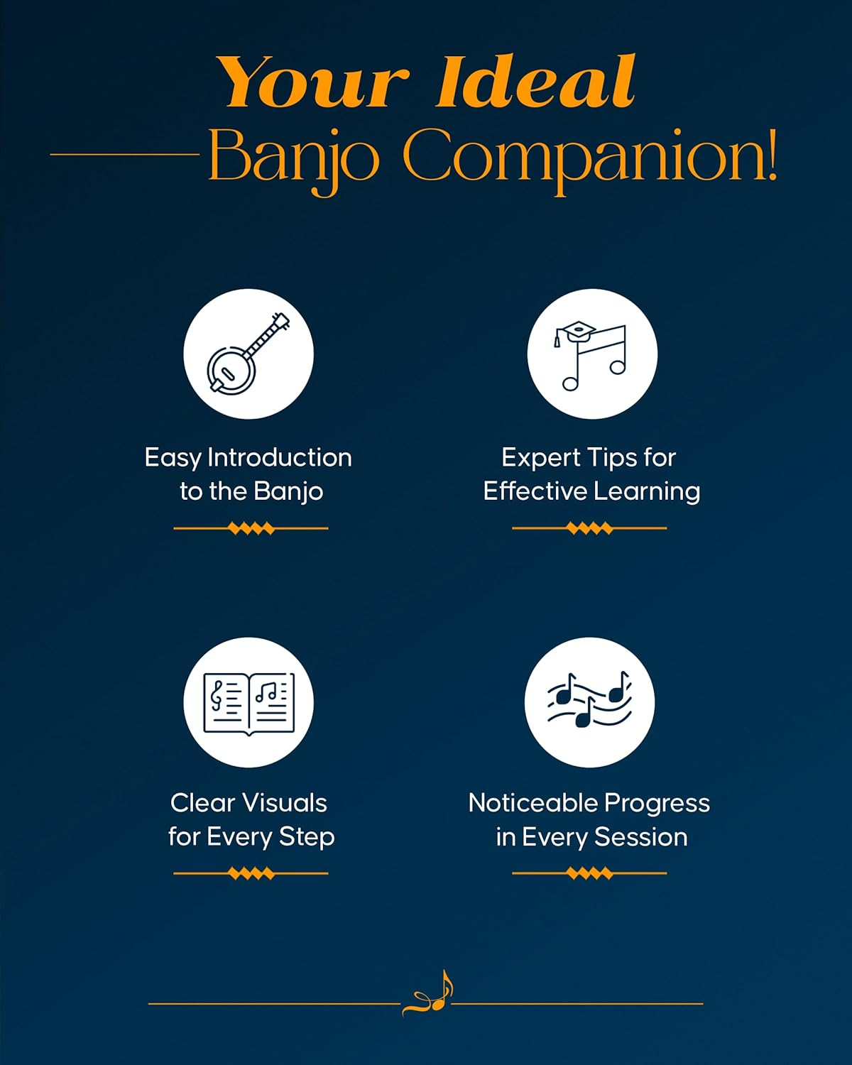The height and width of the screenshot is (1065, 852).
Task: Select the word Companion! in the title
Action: pos(589,156)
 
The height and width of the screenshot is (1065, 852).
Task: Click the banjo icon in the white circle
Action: pos(248,354)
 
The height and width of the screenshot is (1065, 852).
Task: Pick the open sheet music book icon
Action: pos(248,702)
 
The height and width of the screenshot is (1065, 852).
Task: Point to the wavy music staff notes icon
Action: pos(589,701)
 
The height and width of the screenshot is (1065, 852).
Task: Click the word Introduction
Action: pos(279,457)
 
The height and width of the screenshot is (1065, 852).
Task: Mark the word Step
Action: pos(306,837)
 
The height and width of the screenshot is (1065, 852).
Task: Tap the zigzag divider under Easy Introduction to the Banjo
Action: pos(251,528)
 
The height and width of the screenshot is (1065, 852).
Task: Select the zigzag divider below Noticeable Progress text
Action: pos(589,873)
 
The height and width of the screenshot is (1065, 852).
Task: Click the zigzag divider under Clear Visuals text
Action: pos(251,873)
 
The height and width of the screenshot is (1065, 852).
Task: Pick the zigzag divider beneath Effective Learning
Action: pos(589,528)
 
